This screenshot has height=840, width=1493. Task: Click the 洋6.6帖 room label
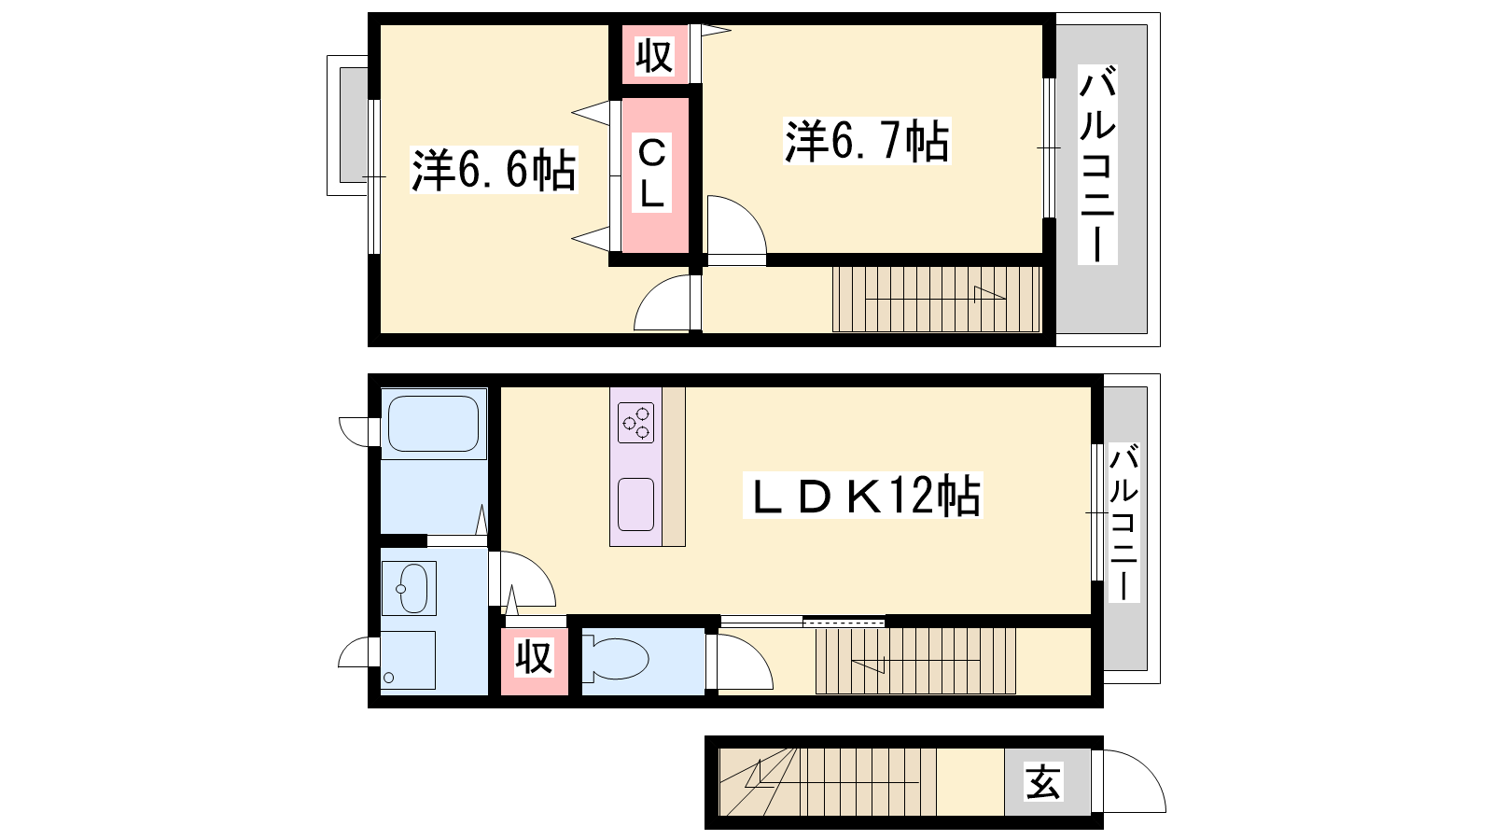click(x=494, y=170)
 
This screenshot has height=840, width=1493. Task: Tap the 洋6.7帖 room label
click(x=867, y=141)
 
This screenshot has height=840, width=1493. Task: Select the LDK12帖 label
click(x=863, y=496)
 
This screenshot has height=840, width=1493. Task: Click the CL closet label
click(x=651, y=173)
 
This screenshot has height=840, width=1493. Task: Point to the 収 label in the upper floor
click(x=654, y=56)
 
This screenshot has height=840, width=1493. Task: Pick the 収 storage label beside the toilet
click(x=534, y=657)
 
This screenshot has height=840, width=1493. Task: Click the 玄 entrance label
click(x=1043, y=781)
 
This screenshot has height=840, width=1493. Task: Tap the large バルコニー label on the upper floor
click(x=1097, y=164)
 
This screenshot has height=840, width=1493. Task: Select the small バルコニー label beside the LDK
click(x=1123, y=523)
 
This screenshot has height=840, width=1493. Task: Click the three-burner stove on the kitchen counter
click(x=635, y=423)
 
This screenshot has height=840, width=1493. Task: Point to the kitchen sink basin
click(x=635, y=504)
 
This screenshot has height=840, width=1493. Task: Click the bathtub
click(x=433, y=424)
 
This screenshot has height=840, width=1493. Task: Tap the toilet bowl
click(x=615, y=659)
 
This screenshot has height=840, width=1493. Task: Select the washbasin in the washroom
click(x=409, y=589)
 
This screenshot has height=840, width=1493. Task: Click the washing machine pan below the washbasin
click(x=408, y=660)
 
